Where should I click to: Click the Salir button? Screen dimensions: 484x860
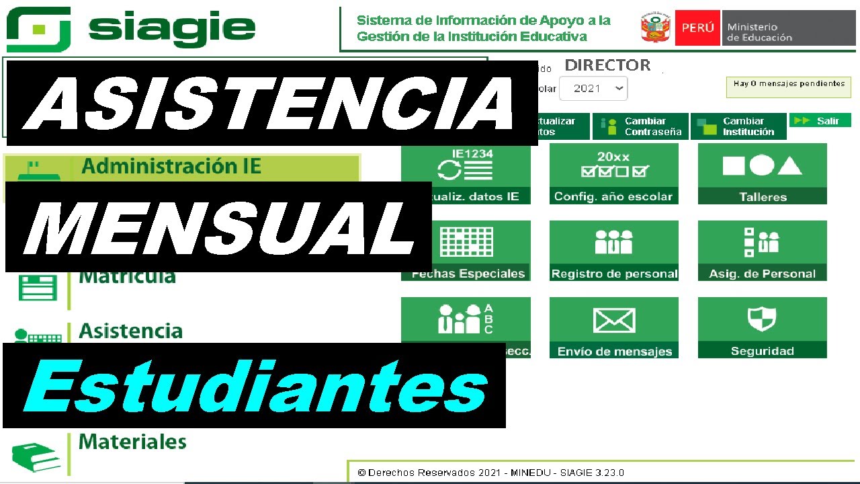tap(820, 121)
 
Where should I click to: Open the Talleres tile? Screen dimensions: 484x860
tap(763, 174)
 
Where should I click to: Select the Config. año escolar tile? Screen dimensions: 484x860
tap(613, 174)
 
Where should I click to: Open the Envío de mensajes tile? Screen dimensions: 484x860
tap(613, 328)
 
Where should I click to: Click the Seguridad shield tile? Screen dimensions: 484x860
tap(763, 328)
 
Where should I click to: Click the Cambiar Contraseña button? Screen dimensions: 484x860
tap(640, 126)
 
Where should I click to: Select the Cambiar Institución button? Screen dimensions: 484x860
tap(738, 126)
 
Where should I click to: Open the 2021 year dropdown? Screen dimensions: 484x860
tap(592, 89)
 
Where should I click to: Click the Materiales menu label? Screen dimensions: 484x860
tap(132, 442)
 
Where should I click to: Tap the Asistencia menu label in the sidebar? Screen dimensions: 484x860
tap(130, 331)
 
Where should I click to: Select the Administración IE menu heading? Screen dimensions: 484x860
tap(171, 166)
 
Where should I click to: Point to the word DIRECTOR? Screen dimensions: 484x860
tap(607, 65)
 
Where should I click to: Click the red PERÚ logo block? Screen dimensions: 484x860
tap(697, 28)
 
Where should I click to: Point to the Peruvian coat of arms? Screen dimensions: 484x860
tap(656, 28)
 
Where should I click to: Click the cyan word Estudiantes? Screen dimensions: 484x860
tap(255, 387)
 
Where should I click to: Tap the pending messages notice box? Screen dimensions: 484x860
tap(789, 87)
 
